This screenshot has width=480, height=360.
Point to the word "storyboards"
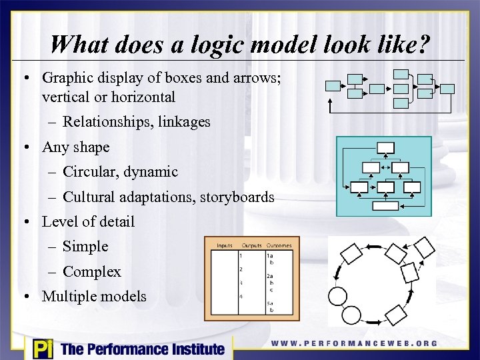point(239,197)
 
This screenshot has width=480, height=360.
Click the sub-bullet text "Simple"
point(85,247)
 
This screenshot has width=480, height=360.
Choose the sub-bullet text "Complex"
point(92,272)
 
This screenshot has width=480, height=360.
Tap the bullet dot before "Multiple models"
point(25,297)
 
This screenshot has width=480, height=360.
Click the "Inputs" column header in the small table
point(225,245)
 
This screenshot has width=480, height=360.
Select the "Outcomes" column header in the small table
point(279,245)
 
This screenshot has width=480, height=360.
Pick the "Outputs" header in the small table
point(251,245)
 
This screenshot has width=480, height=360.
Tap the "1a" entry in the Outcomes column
point(269,254)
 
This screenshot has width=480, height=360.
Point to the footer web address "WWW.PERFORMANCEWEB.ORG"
point(354,343)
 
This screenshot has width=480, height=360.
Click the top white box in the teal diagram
point(385,147)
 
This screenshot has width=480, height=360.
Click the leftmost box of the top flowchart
point(333,85)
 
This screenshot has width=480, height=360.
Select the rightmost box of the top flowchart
point(448,89)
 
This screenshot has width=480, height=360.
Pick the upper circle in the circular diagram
point(338,296)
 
